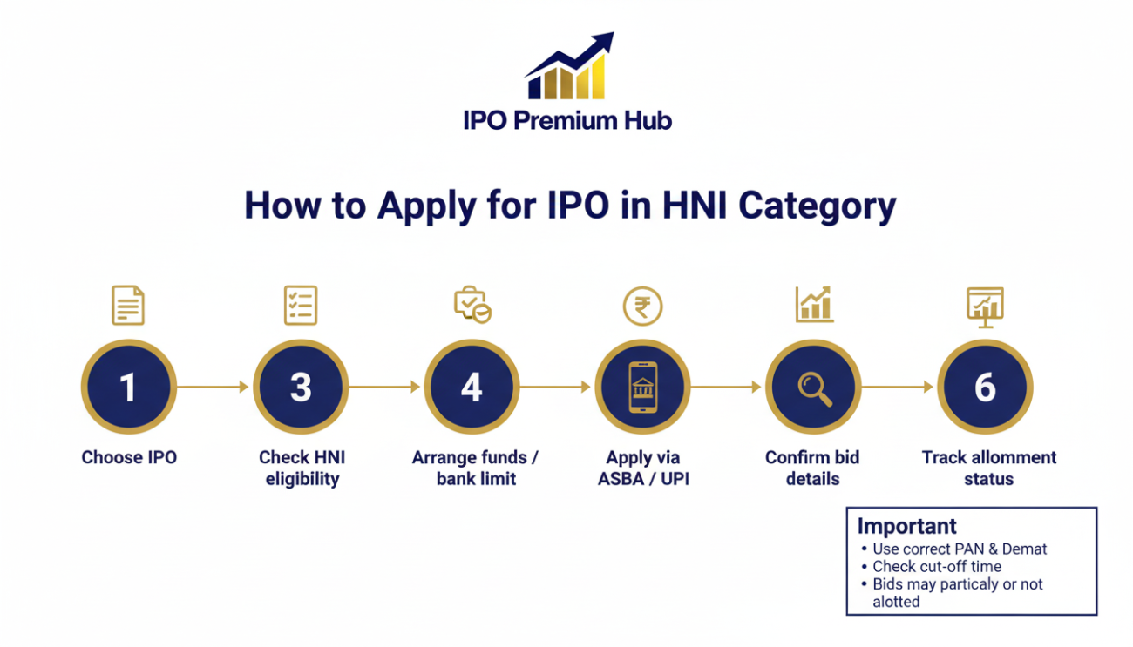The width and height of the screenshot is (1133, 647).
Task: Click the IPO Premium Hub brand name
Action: click(x=567, y=120)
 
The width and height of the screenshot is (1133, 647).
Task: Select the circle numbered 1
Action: click(x=129, y=387)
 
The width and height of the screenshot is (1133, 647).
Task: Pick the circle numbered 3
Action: click(x=301, y=387)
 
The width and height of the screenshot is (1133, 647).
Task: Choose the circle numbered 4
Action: click(x=472, y=387)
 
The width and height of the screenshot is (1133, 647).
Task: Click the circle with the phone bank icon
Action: click(x=642, y=387)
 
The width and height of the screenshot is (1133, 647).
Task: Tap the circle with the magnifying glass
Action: click(x=813, y=387)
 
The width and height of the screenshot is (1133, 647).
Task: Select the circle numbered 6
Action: click(x=985, y=387)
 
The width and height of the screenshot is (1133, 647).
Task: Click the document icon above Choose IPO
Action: click(x=128, y=307)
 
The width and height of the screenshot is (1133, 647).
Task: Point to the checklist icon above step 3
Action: click(x=301, y=307)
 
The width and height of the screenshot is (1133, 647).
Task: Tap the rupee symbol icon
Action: click(x=642, y=307)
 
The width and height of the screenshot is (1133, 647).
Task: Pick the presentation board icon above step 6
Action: click(x=985, y=307)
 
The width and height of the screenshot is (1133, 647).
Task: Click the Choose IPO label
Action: click(x=129, y=457)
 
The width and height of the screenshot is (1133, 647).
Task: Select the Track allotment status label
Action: click(x=988, y=468)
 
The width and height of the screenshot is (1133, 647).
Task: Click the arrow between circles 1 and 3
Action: click(x=214, y=387)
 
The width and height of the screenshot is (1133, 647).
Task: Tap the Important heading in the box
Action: click(x=906, y=526)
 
